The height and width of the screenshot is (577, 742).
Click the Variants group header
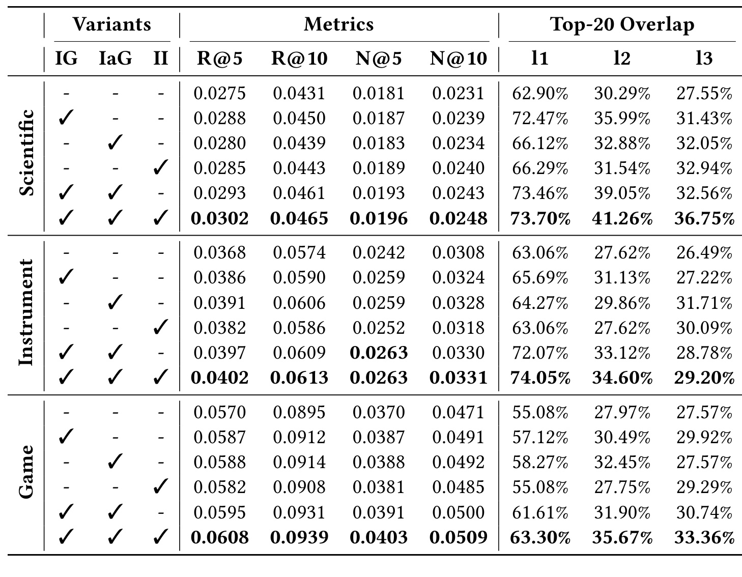tap(111, 24)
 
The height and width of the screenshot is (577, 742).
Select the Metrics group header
tap(339, 24)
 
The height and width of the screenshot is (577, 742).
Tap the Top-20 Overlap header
tap(622, 24)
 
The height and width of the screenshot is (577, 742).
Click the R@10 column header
tap(299, 58)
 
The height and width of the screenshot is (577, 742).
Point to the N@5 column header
tap(379, 58)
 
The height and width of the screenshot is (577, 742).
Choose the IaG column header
tap(115, 58)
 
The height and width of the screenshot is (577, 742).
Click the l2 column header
tap(622, 58)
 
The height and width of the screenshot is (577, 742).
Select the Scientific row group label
tap(26, 153)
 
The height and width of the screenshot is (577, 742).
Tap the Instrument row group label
tap(26, 312)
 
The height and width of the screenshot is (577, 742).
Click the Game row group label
tap(26, 472)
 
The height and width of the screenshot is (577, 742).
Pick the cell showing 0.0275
tap(219, 93)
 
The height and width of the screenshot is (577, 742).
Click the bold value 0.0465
tap(299, 218)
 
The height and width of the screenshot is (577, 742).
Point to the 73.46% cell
tap(540, 193)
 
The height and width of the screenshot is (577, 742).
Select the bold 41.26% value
tap(622, 218)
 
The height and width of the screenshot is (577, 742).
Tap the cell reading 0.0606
tap(299, 303)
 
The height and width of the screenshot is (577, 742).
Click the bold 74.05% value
tap(540, 378)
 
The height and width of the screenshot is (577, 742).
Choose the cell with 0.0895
tap(299, 412)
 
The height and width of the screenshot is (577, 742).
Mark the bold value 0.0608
tap(219, 537)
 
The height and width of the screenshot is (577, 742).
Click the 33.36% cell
tap(704, 537)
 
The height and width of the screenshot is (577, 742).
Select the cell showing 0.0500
tap(458, 512)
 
